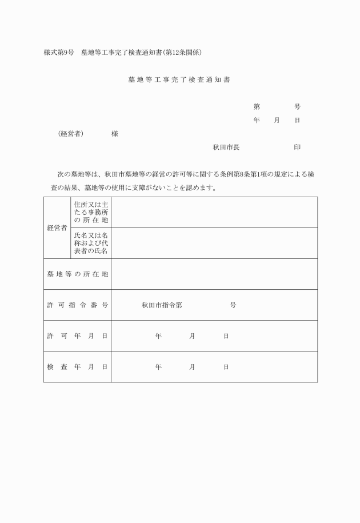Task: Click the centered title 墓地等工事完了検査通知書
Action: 179,80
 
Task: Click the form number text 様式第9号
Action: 59,53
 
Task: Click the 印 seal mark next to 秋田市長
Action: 297,147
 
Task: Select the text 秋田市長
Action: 226,147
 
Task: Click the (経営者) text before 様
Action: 71,133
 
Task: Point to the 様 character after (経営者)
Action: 115,133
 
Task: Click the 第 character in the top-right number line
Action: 257,107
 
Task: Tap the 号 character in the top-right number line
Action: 297,107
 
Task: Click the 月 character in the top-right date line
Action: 277,121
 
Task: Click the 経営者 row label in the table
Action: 57,227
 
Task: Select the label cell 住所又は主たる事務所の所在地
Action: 90,212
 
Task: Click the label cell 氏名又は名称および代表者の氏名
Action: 90,243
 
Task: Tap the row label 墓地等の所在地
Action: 77,274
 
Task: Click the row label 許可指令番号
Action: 77,305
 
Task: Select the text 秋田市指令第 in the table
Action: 162,305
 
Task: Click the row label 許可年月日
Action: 77,336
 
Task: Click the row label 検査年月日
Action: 77,367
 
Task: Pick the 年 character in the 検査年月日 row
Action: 158,367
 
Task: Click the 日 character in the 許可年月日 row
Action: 226,336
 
